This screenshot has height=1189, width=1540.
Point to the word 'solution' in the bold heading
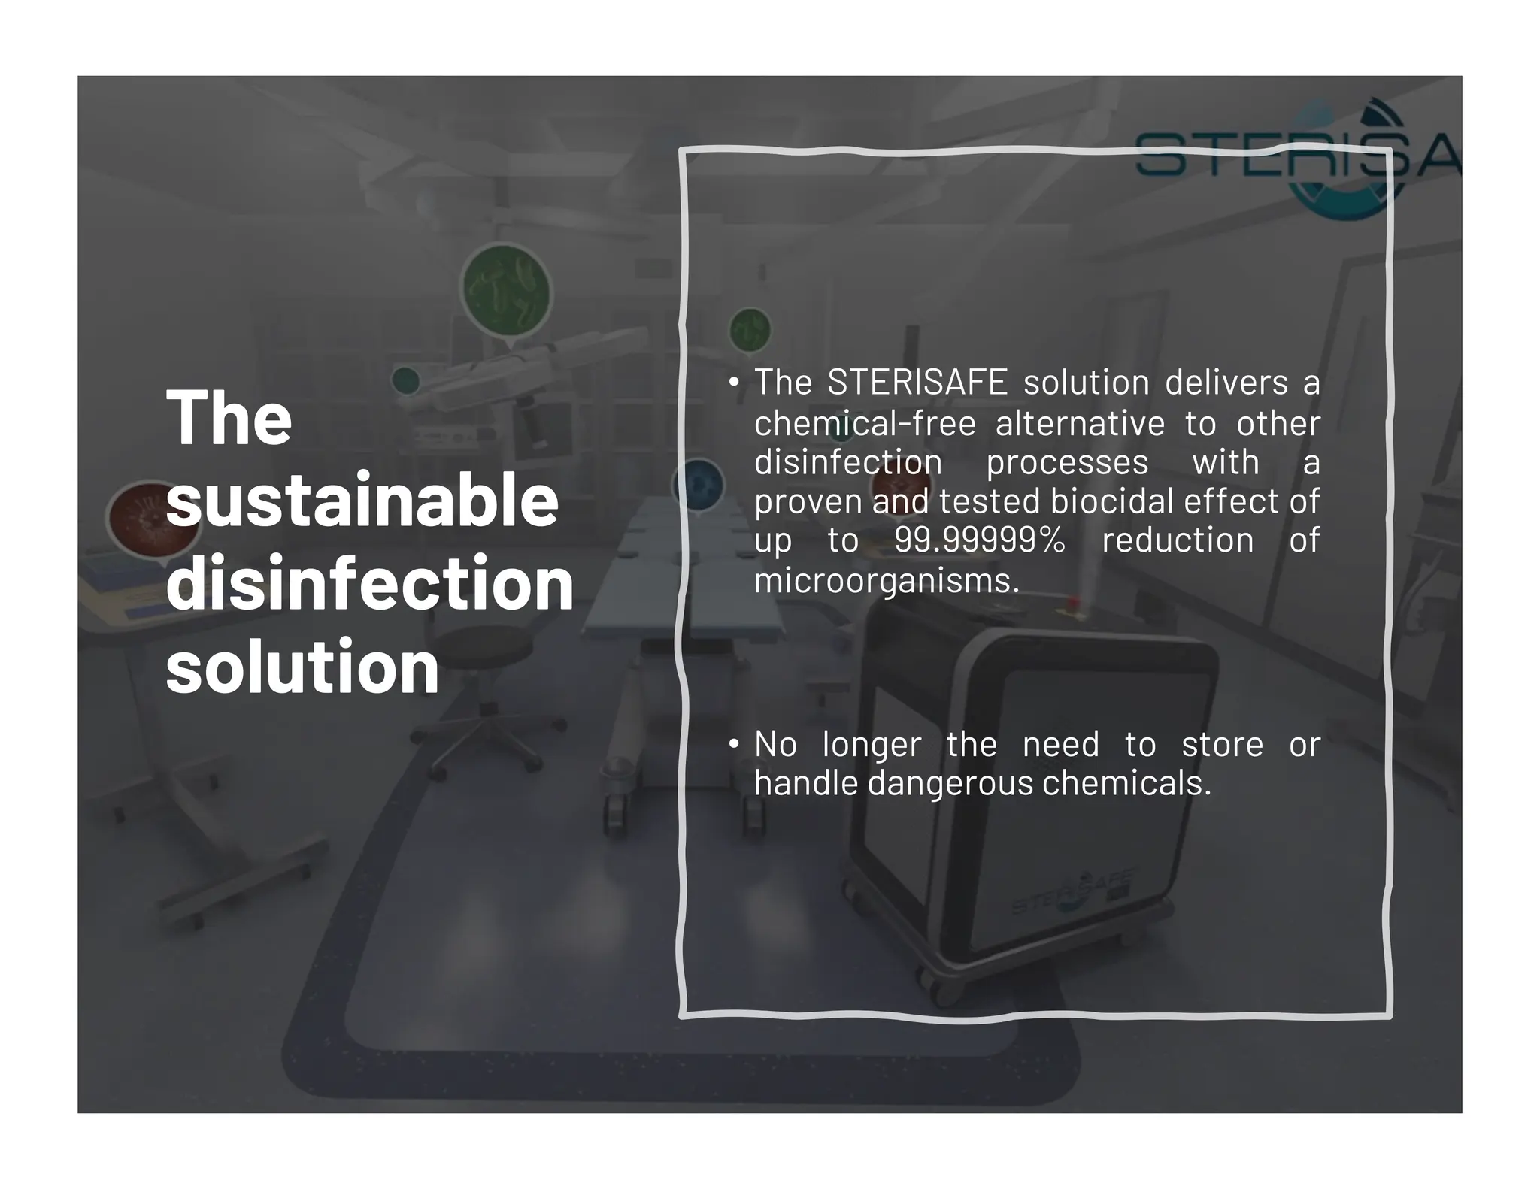coord(302,667)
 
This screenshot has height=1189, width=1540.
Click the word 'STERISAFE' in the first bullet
coord(917,383)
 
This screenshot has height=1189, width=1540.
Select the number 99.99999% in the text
coord(979,540)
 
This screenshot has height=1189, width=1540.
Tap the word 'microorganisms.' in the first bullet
coord(887,580)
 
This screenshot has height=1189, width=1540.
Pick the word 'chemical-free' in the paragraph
coord(865,423)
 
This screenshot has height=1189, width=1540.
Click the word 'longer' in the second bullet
coord(872,745)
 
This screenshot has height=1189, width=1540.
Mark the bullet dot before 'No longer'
coord(734,744)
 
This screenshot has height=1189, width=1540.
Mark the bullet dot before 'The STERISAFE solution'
coord(734,382)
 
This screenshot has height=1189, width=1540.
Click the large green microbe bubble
coord(505,291)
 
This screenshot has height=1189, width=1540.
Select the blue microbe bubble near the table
coord(699,484)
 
